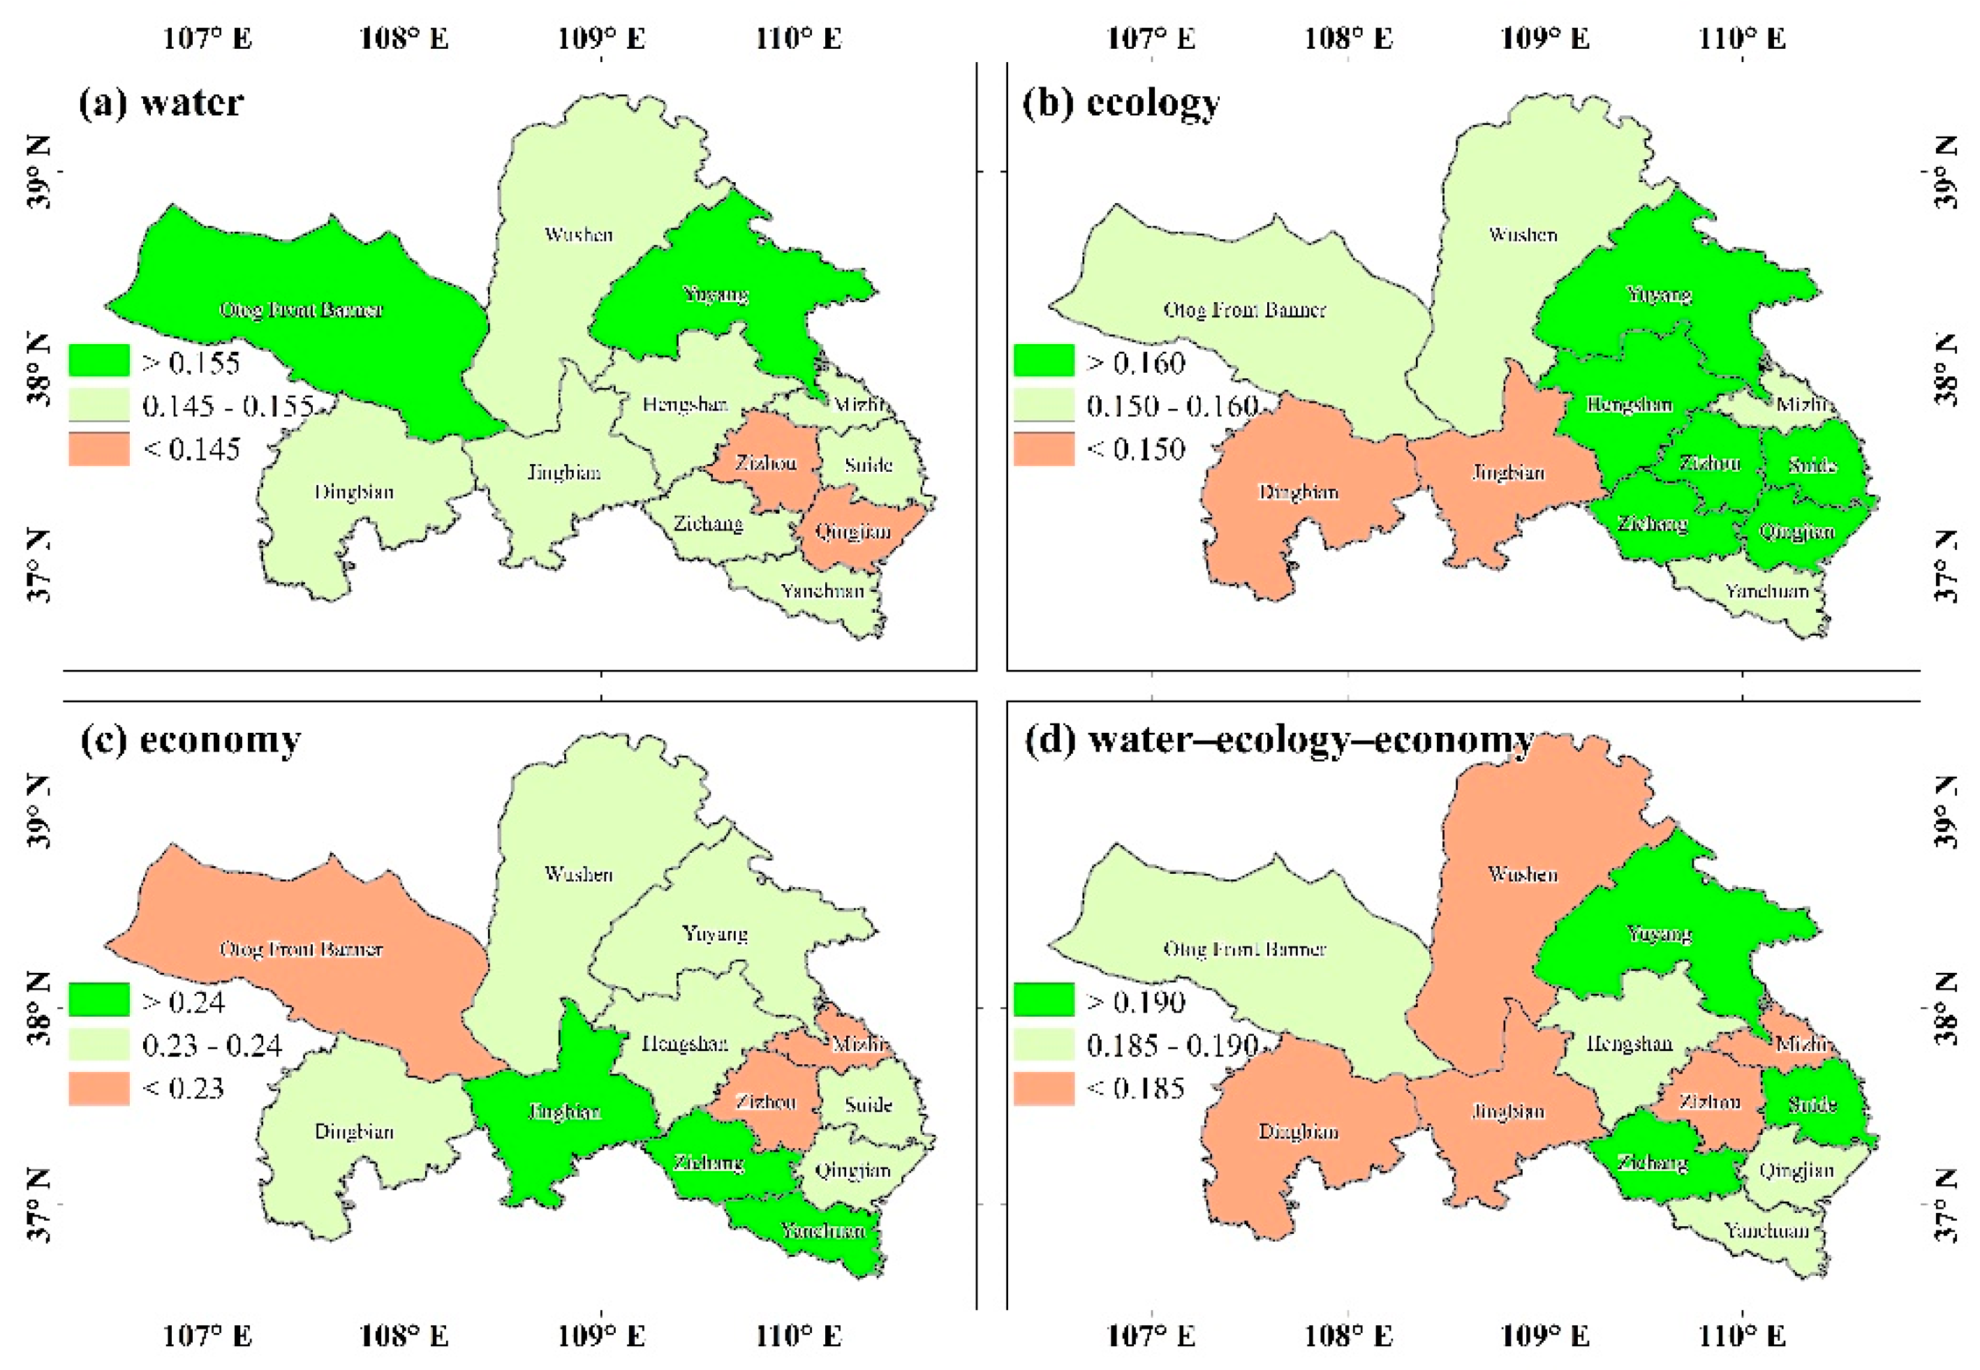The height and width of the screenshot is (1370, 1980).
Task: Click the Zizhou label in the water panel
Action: pos(765,463)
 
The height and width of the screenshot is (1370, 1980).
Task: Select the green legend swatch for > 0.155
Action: pos(98,361)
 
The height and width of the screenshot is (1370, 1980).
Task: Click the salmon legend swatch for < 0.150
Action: pos(1043,449)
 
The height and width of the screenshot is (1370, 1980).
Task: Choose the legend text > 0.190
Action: pos(1136,1002)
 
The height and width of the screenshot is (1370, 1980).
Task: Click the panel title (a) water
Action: pos(161,103)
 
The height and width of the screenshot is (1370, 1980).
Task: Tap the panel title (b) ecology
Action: pos(1120,103)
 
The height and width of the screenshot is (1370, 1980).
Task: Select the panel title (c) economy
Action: pos(190,739)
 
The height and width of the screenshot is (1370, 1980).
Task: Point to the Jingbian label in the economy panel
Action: pos(564,1112)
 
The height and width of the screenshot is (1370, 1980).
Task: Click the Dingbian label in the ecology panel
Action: pos(1299,492)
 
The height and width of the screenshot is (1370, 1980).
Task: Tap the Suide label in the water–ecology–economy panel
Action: pos(1812,1104)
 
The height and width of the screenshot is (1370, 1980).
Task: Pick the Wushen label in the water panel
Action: pos(579,234)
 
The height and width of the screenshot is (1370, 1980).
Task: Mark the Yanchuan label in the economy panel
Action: pos(822,1230)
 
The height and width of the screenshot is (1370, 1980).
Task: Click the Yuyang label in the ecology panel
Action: pos(1659,295)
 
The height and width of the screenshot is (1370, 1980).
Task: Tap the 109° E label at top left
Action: pos(601,38)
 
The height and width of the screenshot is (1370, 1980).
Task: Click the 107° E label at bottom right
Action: pos(1151,1336)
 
